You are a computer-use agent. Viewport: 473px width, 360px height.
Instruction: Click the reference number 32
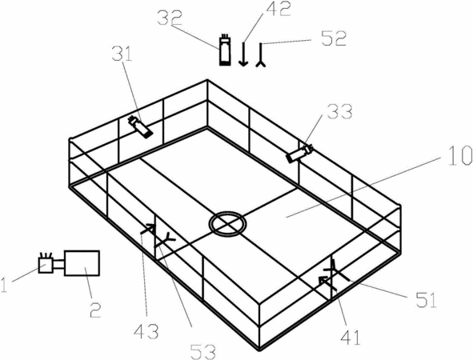point(170,18)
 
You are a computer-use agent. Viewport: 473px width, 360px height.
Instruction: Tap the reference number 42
point(279,10)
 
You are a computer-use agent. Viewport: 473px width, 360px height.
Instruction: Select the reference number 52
point(334,38)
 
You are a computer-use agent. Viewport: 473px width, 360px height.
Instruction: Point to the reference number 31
point(122,54)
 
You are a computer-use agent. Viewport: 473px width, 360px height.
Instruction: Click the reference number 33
point(340,112)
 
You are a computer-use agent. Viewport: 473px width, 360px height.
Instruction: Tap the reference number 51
point(427,300)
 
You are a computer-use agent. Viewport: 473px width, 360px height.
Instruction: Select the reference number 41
point(351,338)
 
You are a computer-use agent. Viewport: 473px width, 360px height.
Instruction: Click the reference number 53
point(203,352)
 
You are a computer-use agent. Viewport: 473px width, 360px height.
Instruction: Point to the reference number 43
point(146,331)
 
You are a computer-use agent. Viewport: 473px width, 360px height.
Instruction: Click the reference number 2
point(95,310)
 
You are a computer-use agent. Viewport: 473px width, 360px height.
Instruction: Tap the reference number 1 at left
point(4,285)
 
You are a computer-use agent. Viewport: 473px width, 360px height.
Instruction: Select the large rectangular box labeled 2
point(82,263)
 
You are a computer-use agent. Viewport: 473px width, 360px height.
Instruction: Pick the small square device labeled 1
point(46,264)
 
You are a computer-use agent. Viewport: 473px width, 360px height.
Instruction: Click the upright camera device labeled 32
point(225,50)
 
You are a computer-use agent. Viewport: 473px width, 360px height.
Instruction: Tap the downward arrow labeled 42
point(243,54)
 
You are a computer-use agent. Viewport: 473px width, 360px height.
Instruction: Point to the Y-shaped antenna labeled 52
point(261,55)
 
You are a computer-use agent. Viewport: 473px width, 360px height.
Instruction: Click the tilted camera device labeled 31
point(140,127)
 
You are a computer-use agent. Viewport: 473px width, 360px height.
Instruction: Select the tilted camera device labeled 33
point(300,154)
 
